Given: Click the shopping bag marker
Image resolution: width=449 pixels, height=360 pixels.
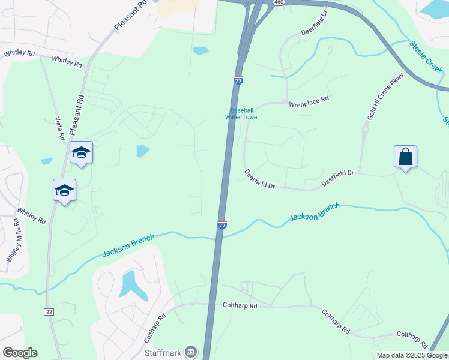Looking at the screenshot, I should tap(406, 157).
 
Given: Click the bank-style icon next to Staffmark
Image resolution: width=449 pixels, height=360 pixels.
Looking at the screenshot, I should tap(191, 352).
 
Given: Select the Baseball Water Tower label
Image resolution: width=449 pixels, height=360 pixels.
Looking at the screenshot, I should tap(242, 113).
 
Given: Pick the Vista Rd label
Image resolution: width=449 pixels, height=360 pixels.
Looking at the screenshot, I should tap(59, 128).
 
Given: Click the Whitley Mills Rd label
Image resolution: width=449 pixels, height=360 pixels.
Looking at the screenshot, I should tap(13, 240).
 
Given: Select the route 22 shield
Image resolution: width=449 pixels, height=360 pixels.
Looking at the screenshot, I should tap(49, 311).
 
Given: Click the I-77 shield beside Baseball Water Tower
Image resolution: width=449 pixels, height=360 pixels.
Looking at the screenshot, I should tap(238, 80).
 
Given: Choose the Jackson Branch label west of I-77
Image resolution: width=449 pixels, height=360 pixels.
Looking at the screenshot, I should tap(128, 245).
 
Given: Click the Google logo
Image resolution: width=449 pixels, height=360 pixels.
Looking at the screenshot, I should tap(20, 353).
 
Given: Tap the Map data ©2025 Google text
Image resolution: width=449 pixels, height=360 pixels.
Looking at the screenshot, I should tap(412, 355).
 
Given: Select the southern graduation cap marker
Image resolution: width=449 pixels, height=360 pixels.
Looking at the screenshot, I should tap(64, 191).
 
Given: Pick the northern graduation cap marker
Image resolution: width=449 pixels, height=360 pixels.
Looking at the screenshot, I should tap(81, 153).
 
